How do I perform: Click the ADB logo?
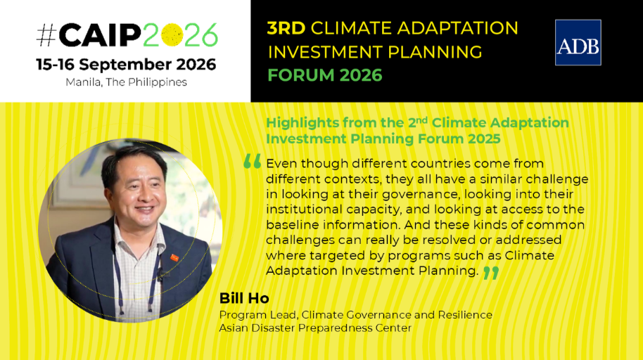point(578,43)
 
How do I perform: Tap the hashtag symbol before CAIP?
point(46,36)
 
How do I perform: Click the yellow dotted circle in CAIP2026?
point(172,35)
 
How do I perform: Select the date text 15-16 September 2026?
point(126,65)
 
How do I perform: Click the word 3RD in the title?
point(286,28)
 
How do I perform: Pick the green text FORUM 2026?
point(325,75)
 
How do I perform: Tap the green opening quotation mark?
point(252,161)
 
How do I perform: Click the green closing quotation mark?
point(491,273)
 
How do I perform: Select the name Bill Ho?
point(244,299)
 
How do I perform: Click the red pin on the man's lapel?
point(174,258)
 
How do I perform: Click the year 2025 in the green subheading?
point(484,139)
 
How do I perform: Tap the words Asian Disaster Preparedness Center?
point(315,328)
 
